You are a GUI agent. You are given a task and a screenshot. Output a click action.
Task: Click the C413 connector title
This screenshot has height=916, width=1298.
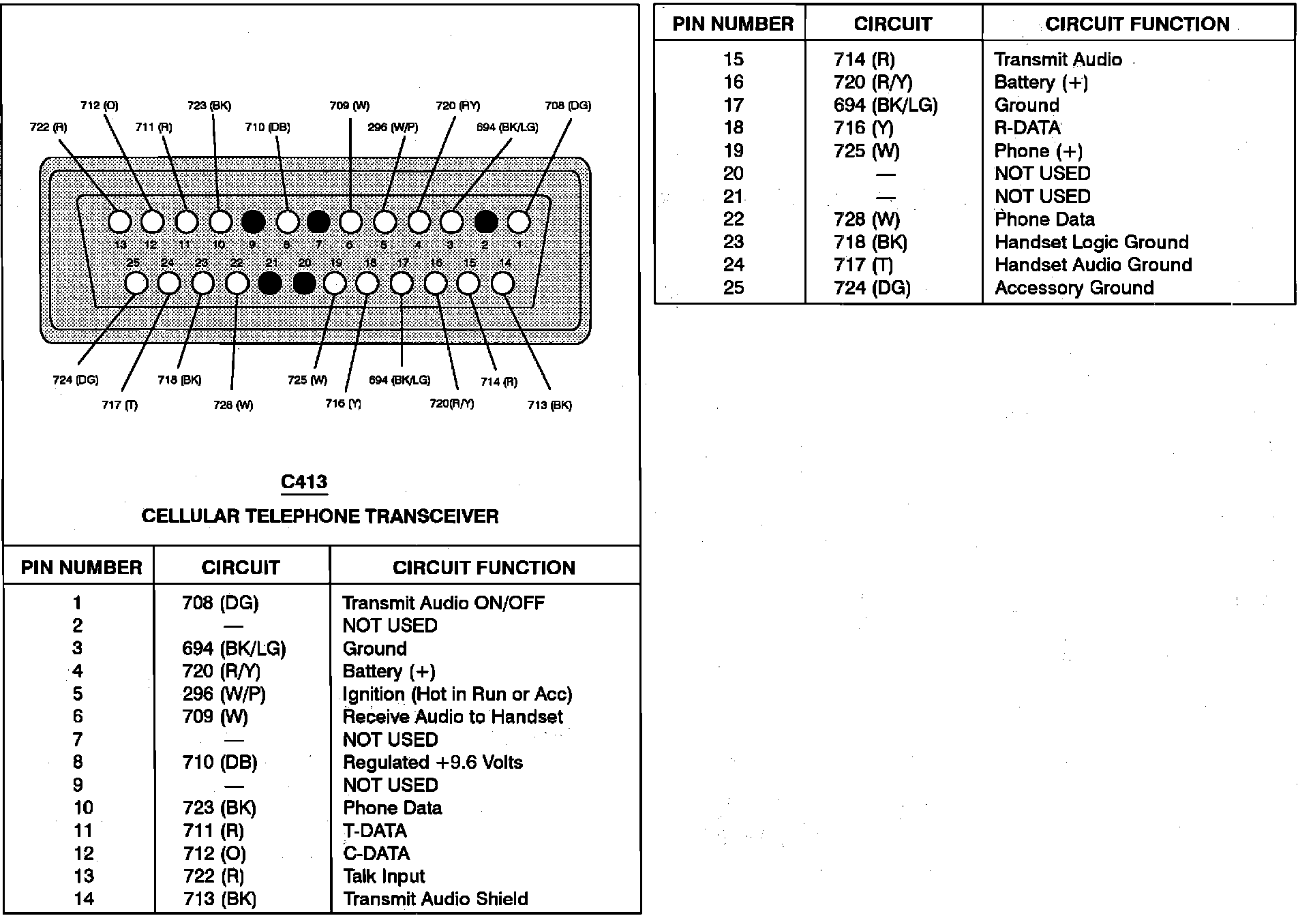[304, 482]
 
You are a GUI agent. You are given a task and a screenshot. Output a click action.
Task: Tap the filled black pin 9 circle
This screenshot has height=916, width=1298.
[253, 222]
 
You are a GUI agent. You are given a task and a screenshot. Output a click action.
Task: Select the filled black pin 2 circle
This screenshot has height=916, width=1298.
[485, 222]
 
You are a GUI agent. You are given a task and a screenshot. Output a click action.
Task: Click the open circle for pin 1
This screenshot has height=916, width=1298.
[519, 222]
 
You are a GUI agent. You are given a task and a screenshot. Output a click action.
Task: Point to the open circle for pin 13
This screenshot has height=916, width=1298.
[120, 222]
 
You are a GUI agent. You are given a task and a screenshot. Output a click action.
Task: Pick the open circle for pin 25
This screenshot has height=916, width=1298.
[136, 283]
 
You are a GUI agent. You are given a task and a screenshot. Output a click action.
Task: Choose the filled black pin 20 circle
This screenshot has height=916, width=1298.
[304, 283]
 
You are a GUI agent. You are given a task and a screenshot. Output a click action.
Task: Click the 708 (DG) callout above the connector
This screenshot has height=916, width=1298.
[568, 106]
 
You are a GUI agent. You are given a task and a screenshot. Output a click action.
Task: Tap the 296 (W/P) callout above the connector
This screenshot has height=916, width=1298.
[393, 127]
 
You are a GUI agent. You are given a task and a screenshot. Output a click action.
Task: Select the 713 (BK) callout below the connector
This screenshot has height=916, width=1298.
[549, 406]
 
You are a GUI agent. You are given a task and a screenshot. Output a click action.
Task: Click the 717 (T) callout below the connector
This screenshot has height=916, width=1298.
[119, 406]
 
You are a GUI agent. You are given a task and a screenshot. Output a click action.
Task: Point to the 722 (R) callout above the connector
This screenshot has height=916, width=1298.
[48, 127]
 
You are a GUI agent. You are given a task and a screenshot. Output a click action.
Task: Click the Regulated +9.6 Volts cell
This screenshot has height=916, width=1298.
[432, 762]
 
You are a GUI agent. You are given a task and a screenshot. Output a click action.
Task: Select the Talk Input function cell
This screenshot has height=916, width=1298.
[384, 876]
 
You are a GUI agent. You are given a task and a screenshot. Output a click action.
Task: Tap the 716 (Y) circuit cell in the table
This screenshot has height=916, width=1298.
[863, 128]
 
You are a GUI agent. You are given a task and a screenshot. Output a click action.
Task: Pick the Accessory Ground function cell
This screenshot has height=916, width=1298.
[1074, 288]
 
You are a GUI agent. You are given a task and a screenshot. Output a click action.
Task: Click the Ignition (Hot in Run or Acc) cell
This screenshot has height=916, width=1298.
[457, 694]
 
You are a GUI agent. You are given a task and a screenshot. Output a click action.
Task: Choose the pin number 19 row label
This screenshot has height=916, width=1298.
[734, 151]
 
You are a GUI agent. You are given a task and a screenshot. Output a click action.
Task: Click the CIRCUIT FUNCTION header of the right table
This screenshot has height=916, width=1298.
[1137, 25]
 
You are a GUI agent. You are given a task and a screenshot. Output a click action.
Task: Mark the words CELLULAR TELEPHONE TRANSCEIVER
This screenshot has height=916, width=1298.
[320, 516]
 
